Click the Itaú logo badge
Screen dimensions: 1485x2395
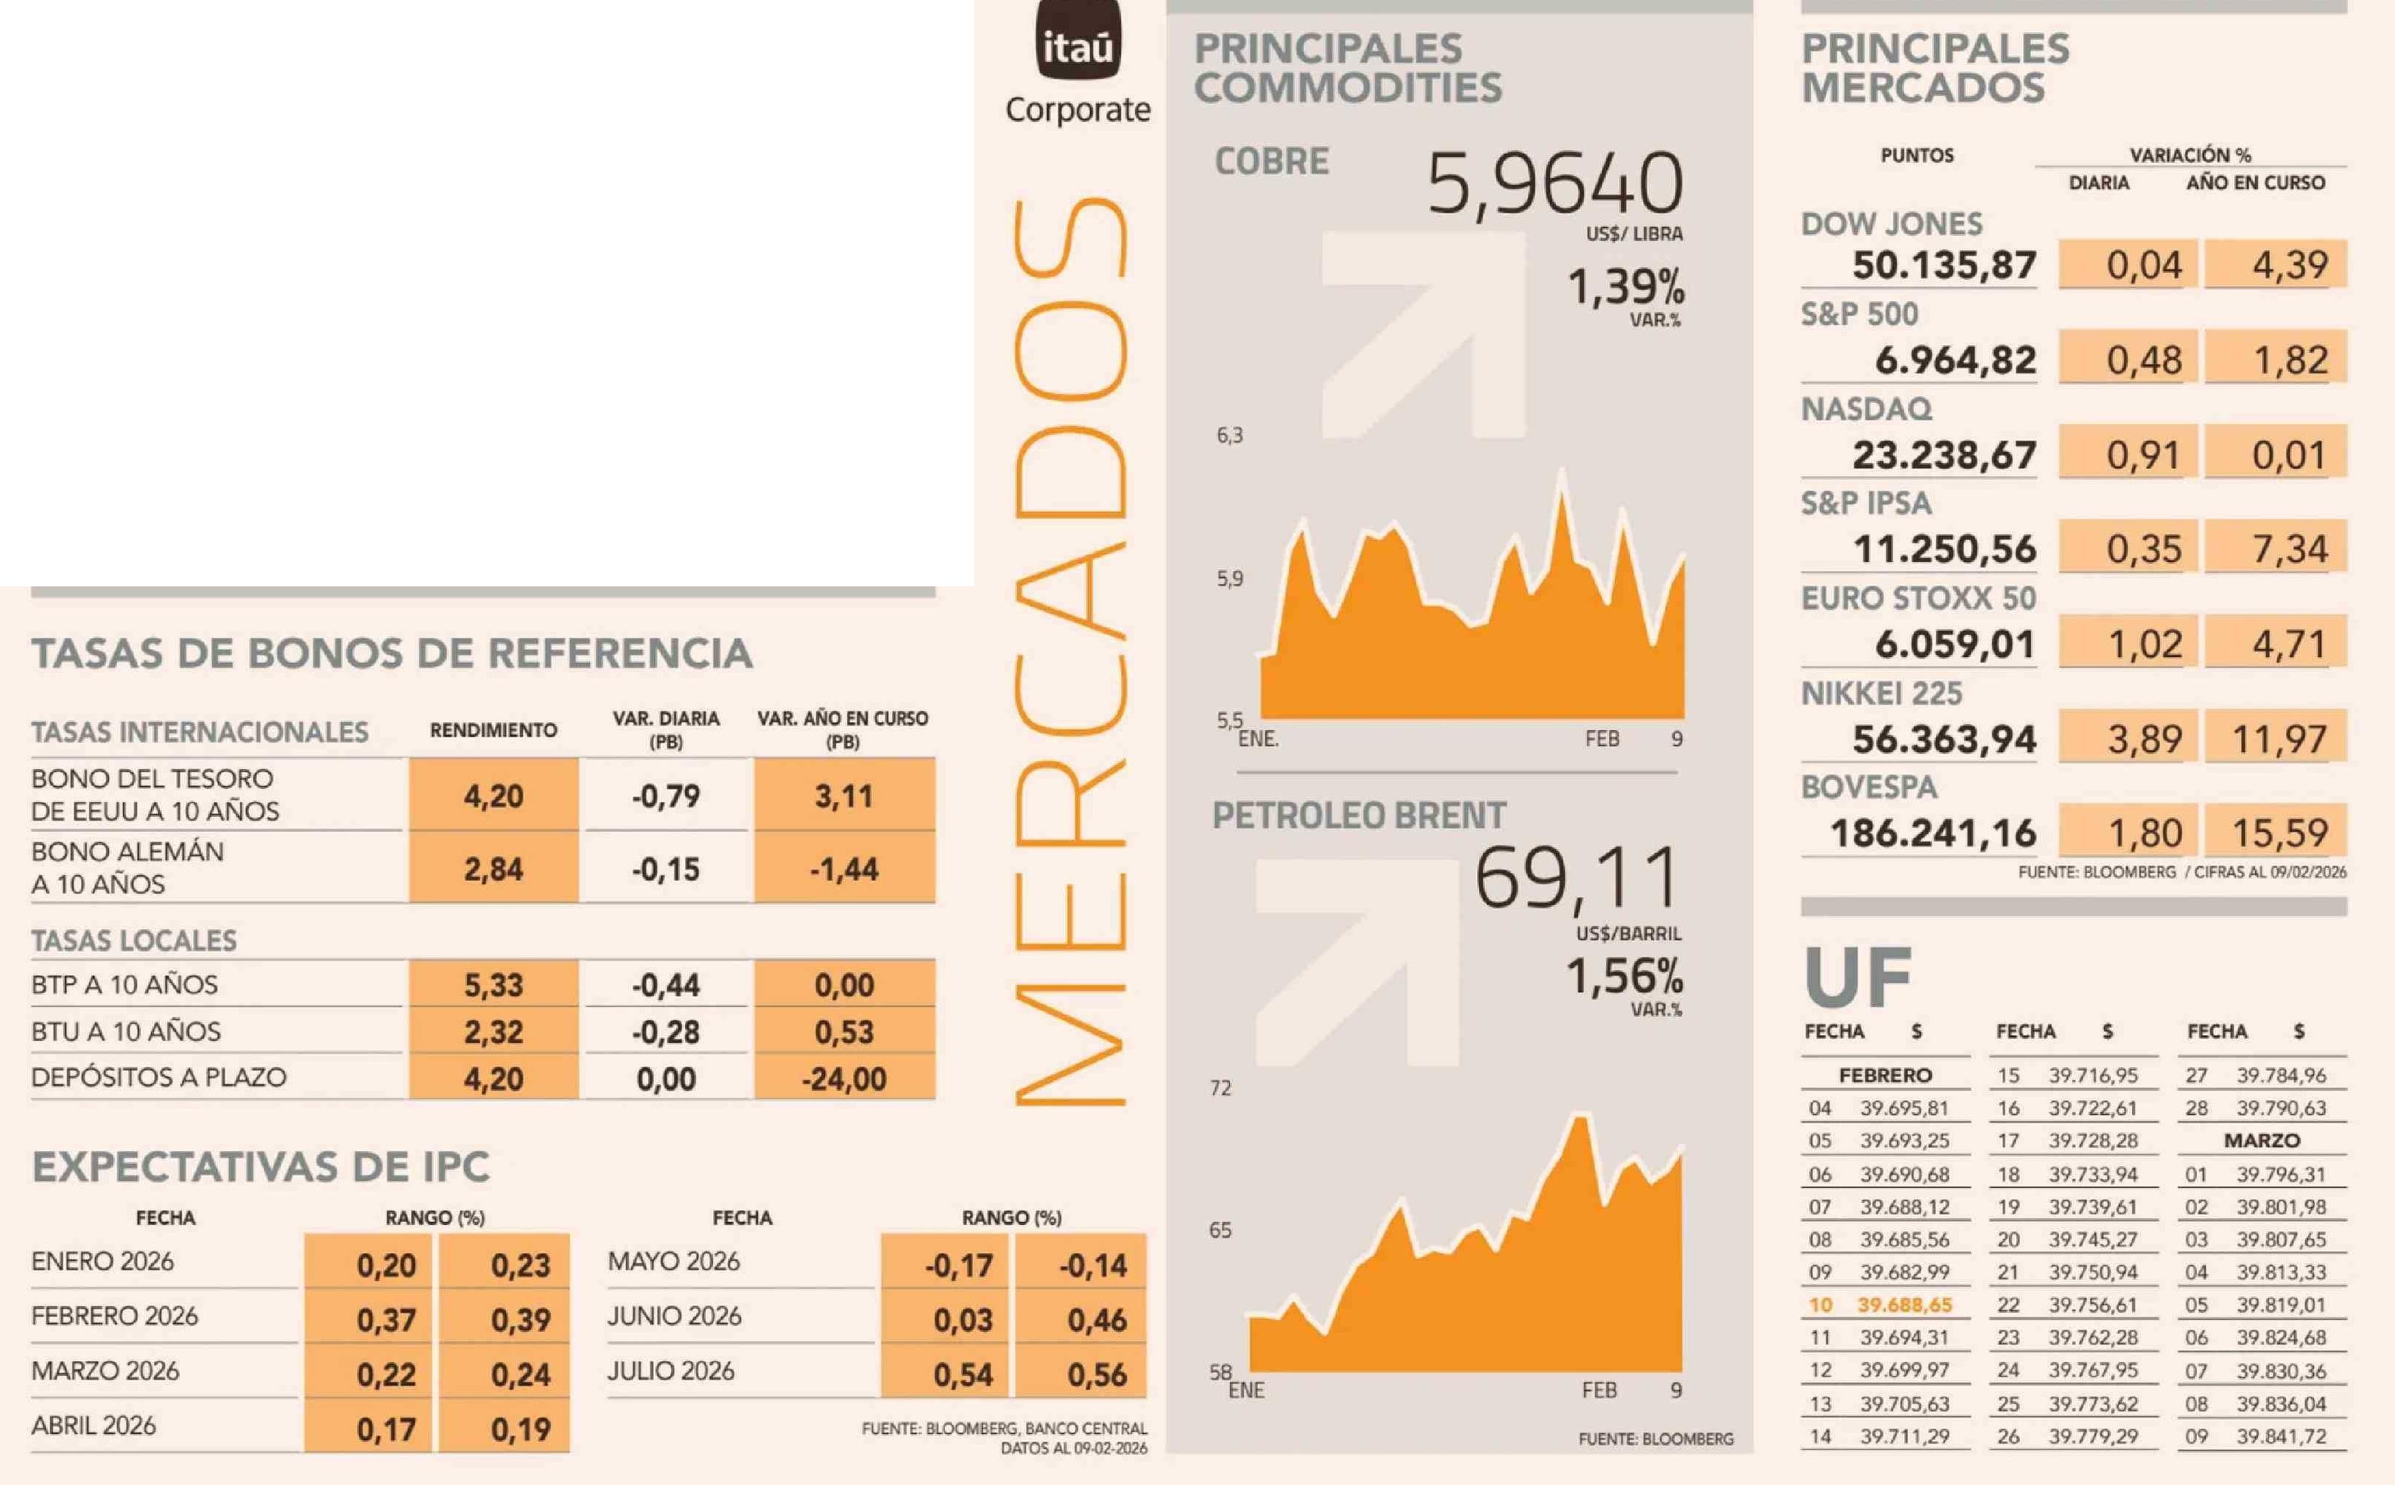(x=1077, y=41)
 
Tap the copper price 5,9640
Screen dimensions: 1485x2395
(x=1555, y=185)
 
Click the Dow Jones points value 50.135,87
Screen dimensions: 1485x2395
(x=1944, y=265)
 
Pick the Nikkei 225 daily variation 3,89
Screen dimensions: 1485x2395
(x=2144, y=739)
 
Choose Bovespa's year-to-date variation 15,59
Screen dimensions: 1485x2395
(x=2279, y=833)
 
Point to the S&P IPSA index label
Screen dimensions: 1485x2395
(x=1865, y=503)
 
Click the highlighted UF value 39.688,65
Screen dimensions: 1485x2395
(x=1904, y=1305)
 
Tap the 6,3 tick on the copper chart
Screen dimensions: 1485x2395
(x=1229, y=435)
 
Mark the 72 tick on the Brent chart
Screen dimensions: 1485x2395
(x=1220, y=1087)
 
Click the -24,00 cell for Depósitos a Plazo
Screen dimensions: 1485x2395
(x=843, y=1079)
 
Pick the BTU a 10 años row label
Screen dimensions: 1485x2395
(x=126, y=1031)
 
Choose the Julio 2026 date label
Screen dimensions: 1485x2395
(x=671, y=1370)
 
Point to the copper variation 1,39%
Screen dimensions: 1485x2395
(x=1625, y=288)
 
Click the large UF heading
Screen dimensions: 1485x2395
(x=1857, y=977)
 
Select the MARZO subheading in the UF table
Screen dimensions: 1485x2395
(x=2262, y=1140)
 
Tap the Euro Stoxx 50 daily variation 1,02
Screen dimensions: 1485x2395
(x=2144, y=645)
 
